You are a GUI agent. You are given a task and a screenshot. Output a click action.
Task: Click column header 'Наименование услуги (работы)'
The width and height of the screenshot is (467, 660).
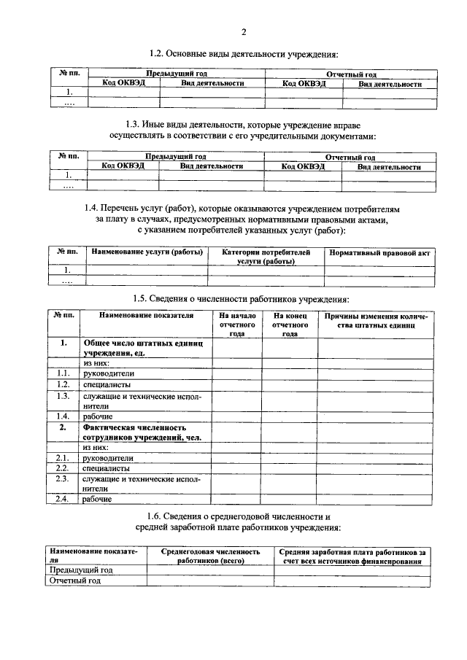[x=146, y=252]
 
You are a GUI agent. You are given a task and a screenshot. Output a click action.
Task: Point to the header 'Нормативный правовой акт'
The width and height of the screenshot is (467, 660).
[x=380, y=252]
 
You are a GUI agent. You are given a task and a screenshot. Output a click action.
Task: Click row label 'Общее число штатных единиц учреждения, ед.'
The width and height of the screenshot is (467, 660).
[x=146, y=347]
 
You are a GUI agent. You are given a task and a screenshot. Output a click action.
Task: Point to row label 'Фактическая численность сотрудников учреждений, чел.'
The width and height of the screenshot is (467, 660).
[x=141, y=432]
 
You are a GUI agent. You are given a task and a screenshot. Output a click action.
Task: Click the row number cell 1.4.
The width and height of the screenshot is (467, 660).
[x=63, y=416]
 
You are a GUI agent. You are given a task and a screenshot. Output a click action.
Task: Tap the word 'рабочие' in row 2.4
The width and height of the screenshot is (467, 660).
[x=97, y=500]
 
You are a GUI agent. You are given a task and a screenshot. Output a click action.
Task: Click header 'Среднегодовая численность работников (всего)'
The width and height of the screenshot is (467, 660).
[x=210, y=556]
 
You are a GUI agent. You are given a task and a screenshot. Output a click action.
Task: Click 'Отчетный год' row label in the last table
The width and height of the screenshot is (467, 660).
[x=74, y=581]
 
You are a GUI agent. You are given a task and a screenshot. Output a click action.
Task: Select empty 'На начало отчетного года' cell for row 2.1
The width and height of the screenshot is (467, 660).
[x=236, y=458]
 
